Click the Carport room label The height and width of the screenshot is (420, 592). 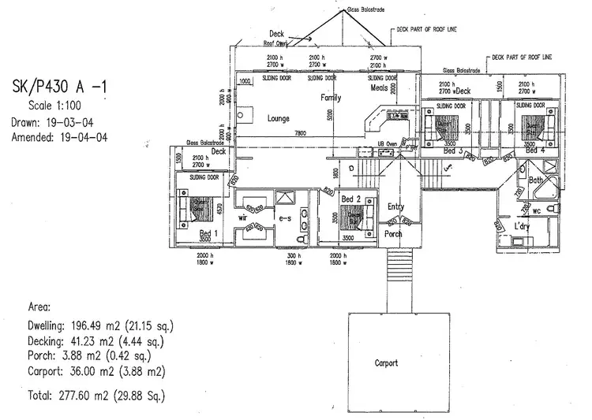[x=386, y=363]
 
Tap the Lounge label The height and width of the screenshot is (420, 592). [x=279, y=118]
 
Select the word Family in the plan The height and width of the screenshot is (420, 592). [x=330, y=98]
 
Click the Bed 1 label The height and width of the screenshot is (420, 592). [x=208, y=234]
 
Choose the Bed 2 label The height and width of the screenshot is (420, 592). [x=351, y=199]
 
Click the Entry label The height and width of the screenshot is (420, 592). [x=395, y=206]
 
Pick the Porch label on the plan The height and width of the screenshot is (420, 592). [x=393, y=234]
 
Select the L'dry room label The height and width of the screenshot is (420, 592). [x=522, y=226]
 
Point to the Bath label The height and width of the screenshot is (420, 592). [x=537, y=180]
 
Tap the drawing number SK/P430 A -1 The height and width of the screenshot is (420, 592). [x=61, y=87]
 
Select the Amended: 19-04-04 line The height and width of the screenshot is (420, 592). [x=60, y=137]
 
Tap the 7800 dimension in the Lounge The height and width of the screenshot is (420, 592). [x=300, y=133]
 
